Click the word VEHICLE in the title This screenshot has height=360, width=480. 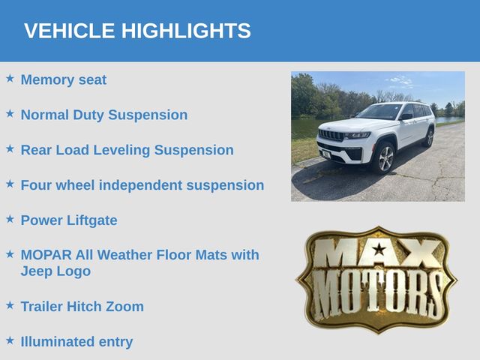pyautogui.click(x=69, y=31)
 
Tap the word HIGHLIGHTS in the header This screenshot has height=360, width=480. pyautogui.click(x=186, y=31)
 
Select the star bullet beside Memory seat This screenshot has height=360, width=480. pyautogui.click(x=10, y=78)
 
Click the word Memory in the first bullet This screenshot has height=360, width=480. pyautogui.click(x=47, y=79)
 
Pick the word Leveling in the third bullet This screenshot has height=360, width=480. pyautogui.click(x=121, y=151)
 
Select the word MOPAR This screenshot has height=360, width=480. pyautogui.click(x=46, y=255)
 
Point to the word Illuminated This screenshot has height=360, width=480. pyautogui.click(x=57, y=342)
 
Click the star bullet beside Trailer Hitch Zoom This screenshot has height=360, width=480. pyautogui.click(x=10, y=305)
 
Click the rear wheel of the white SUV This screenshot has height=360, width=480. pyautogui.click(x=430, y=138)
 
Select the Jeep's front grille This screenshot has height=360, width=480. pyautogui.click(x=331, y=135)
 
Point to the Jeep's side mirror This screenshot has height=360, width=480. pyautogui.click(x=406, y=117)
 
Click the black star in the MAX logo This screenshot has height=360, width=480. pyautogui.click(x=379, y=249)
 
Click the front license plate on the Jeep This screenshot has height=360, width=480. pyautogui.click(x=326, y=154)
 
